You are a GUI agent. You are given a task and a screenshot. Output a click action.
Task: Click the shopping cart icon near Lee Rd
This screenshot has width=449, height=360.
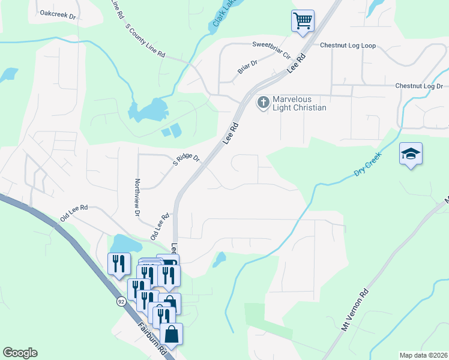pos(303,21)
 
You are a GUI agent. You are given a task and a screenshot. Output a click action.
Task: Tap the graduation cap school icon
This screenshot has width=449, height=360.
pos(411,155)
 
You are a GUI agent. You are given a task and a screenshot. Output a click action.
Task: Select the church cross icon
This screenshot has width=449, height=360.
pos(262,103)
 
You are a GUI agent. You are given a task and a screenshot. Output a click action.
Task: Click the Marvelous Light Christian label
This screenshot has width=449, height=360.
pos(300,103)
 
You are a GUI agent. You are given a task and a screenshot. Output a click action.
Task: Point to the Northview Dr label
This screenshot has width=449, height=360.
pos(137,197)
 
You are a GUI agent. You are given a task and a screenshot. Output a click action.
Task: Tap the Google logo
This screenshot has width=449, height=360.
pos(20,353)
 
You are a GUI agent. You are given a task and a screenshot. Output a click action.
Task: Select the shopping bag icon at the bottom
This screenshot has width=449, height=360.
pos(171,335)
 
